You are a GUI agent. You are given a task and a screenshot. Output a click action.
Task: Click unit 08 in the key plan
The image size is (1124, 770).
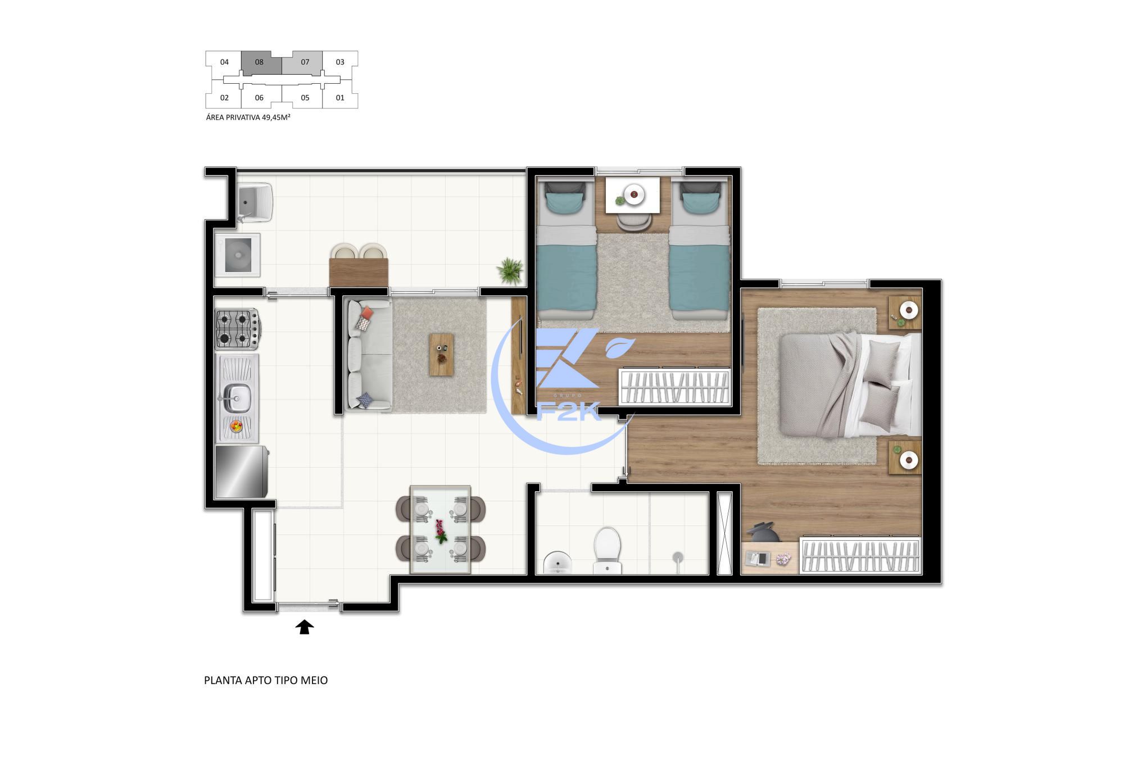tap(259, 62)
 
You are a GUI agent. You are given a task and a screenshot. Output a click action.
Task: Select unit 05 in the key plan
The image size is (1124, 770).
tap(305, 98)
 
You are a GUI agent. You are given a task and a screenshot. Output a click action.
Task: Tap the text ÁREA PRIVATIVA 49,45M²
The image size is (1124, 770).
tap(248, 117)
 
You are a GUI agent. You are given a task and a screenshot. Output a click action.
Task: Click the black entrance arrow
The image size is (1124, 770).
tap(305, 627)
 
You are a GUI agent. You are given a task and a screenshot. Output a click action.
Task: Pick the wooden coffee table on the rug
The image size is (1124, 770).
tap(441, 355)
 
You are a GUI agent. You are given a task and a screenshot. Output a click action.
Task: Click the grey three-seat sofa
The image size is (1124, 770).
tap(368, 355)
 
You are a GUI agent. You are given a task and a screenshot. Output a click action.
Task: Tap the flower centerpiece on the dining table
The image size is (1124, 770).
tap(440, 531)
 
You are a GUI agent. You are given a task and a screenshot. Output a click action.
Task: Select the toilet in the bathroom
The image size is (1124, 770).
tap(608, 550)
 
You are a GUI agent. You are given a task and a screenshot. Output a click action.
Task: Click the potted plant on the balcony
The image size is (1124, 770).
tap(509, 270)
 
